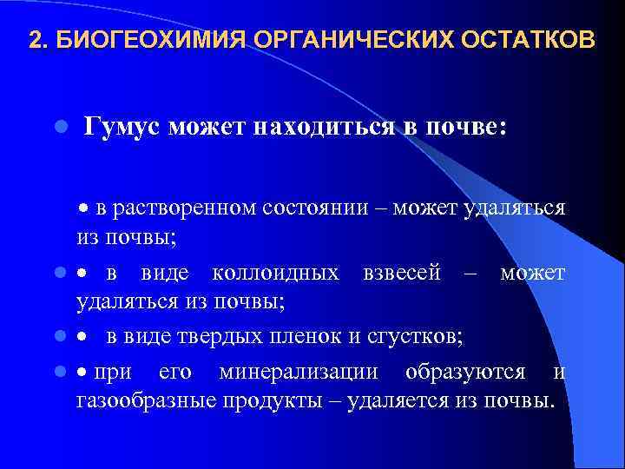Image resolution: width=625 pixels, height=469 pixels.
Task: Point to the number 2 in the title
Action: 35,41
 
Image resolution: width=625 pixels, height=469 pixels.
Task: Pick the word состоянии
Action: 312,208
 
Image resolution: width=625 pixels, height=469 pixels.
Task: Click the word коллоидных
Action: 276,274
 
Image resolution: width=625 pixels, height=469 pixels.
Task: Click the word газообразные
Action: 141,401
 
